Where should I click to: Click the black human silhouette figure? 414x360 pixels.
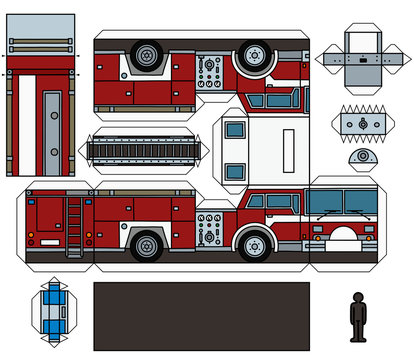pos(358,317)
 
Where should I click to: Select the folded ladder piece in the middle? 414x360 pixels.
pos(148,151)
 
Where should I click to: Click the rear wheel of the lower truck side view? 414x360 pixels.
pos(147,244)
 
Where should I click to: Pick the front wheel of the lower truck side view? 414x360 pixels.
pos(255,243)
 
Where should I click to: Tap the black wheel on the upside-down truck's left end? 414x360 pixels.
pos(147,54)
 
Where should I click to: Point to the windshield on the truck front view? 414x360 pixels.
pos(340,202)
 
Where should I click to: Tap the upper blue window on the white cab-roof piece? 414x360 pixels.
pos(234,130)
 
